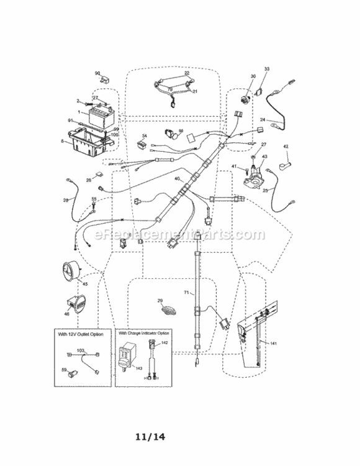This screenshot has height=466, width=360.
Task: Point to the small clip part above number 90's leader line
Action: point(107,80)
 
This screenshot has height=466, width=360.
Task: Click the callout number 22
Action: point(186,73)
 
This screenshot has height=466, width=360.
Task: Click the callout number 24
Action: point(263,119)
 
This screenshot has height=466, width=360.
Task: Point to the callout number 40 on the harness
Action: point(177,179)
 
